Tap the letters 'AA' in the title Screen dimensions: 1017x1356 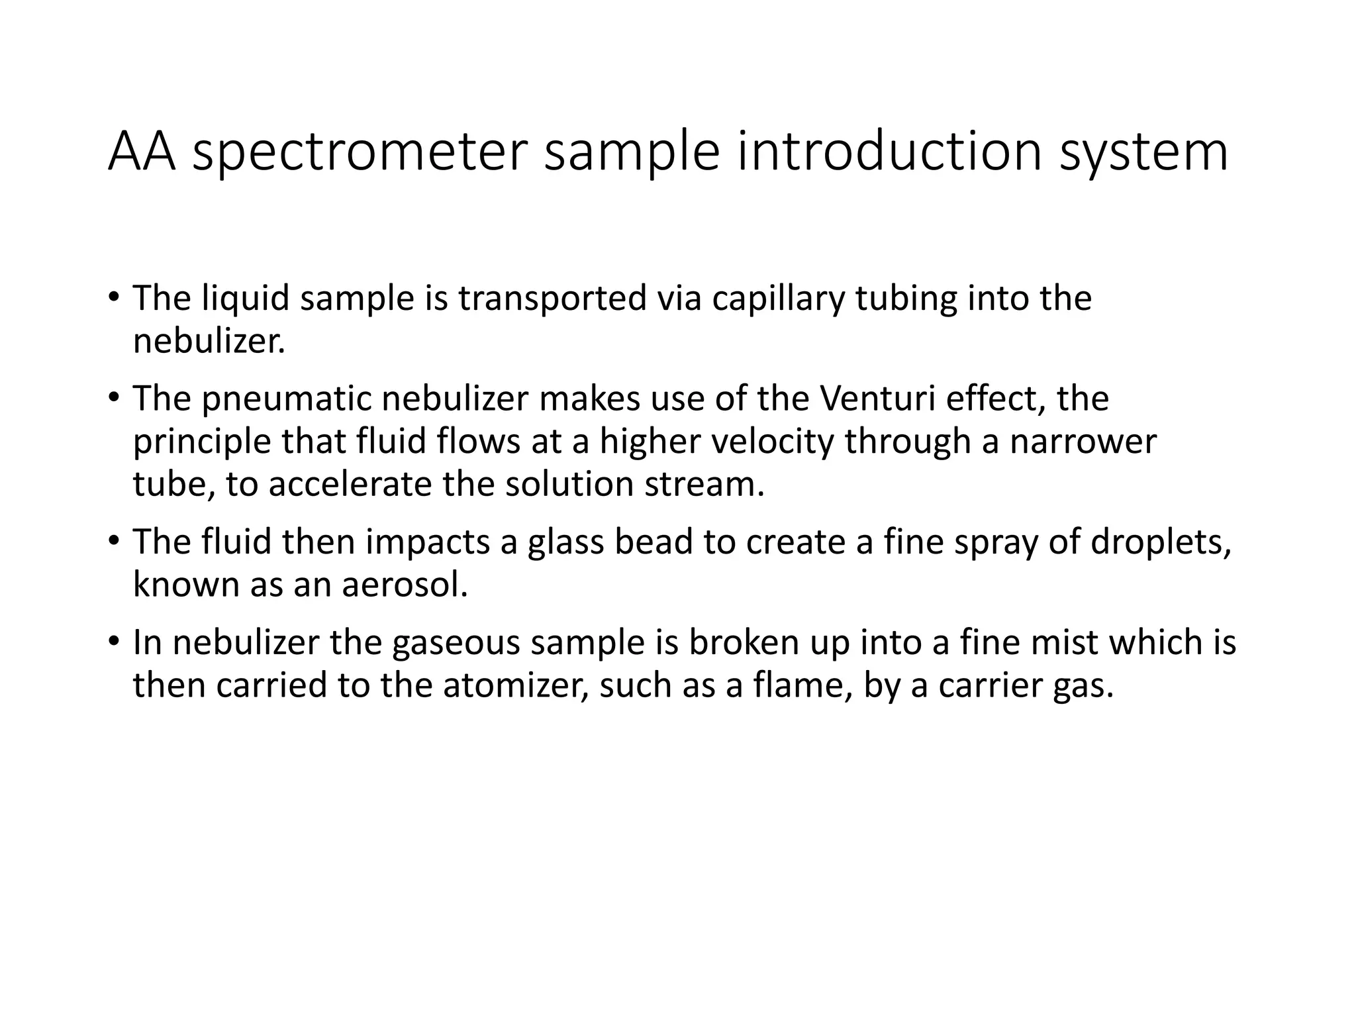pyautogui.click(x=142, y=152)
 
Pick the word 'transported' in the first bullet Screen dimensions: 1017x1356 pyautogui.click(x=552, y=299)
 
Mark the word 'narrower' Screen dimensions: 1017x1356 pyautogui.click(x=1083, y=442)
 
